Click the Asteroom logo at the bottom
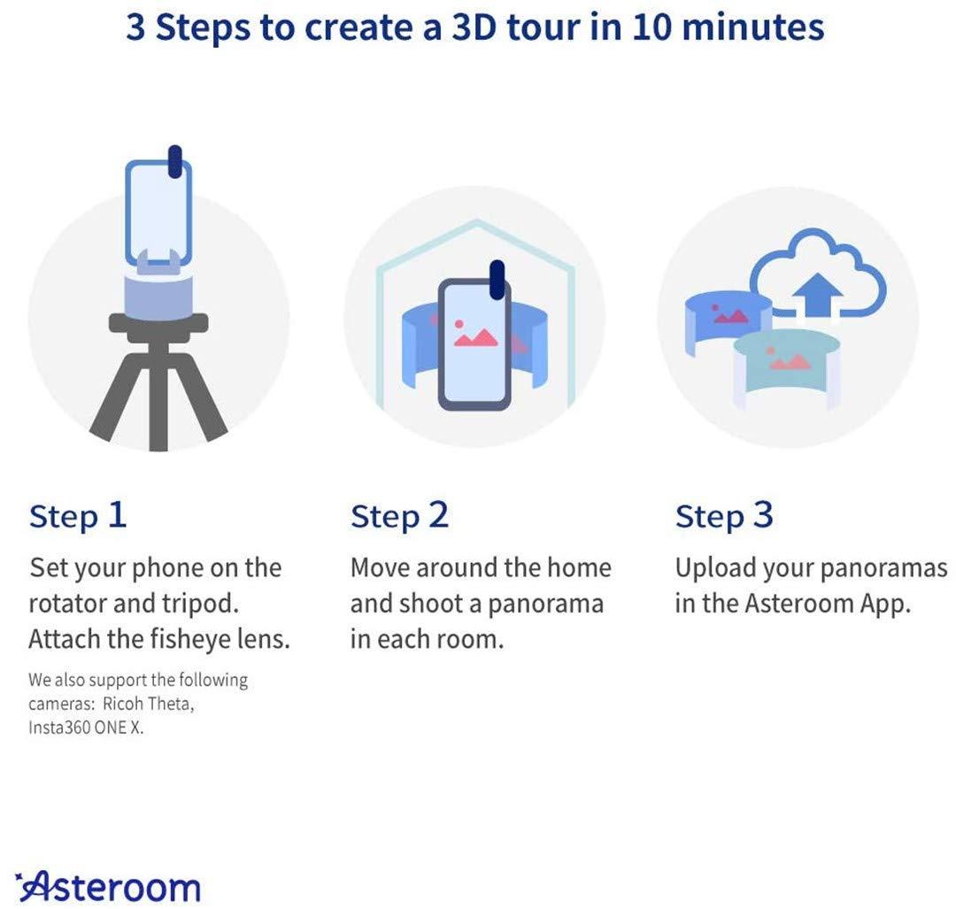point(108,886)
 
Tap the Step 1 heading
point(78,516)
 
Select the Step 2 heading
point(399,516)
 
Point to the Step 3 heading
point(724,516)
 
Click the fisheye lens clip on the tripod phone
point(175,161)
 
